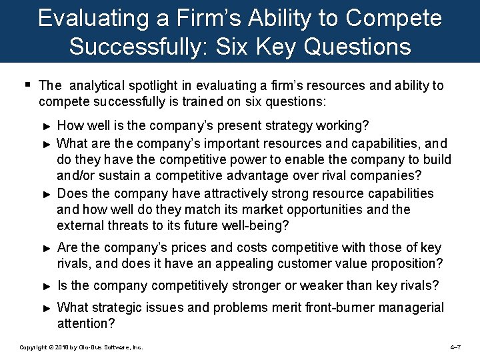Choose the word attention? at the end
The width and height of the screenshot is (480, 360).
point(87,324)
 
